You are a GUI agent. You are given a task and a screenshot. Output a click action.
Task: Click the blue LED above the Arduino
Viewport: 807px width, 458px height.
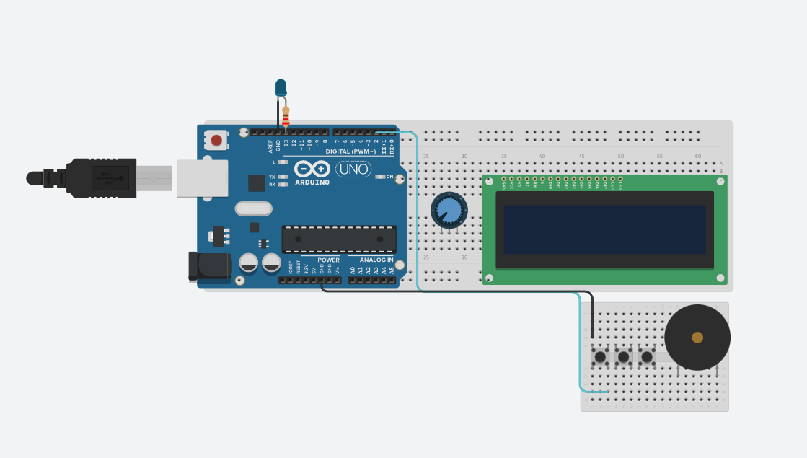point(281,88)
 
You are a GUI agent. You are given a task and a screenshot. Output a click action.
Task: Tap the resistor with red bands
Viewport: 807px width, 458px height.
point(286,115)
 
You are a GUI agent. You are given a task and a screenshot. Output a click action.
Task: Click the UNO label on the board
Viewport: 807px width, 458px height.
point(354,169)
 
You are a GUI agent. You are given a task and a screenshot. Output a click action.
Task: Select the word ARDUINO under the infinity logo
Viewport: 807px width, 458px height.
point(312,182)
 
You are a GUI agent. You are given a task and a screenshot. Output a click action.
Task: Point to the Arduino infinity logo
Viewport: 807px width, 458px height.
point(312,169)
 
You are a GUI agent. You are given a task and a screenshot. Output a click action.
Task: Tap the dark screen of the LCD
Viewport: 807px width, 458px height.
point(604,229)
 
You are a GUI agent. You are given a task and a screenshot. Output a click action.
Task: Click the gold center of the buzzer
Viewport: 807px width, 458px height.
point(697,337)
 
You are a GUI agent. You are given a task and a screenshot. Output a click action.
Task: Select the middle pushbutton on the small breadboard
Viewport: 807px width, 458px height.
point(623,356)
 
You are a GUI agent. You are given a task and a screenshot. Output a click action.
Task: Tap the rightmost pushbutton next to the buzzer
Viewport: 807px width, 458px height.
point(647,356)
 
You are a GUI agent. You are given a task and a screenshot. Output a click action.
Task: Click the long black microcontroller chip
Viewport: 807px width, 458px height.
point(339,239)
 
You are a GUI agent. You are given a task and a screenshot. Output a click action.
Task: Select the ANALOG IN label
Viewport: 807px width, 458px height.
point(376,260)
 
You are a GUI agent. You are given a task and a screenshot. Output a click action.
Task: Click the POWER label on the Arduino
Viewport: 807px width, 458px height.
point(328,260)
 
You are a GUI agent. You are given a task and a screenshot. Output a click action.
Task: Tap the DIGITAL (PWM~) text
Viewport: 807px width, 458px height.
point(350,151)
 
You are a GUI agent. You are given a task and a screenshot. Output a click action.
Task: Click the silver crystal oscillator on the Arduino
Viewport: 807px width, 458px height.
point(253,208)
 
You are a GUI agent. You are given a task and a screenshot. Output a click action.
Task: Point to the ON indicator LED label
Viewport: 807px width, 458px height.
point(389,177)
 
